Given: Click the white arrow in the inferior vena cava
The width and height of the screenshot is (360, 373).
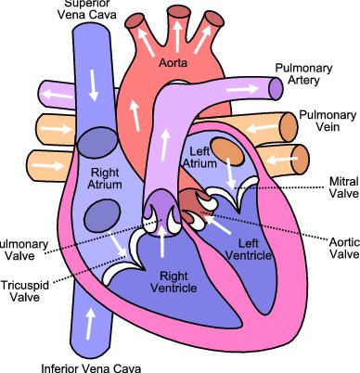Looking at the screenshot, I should [x=90, y=324].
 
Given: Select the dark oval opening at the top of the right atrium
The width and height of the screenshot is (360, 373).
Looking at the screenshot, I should [x=96, y=142].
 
